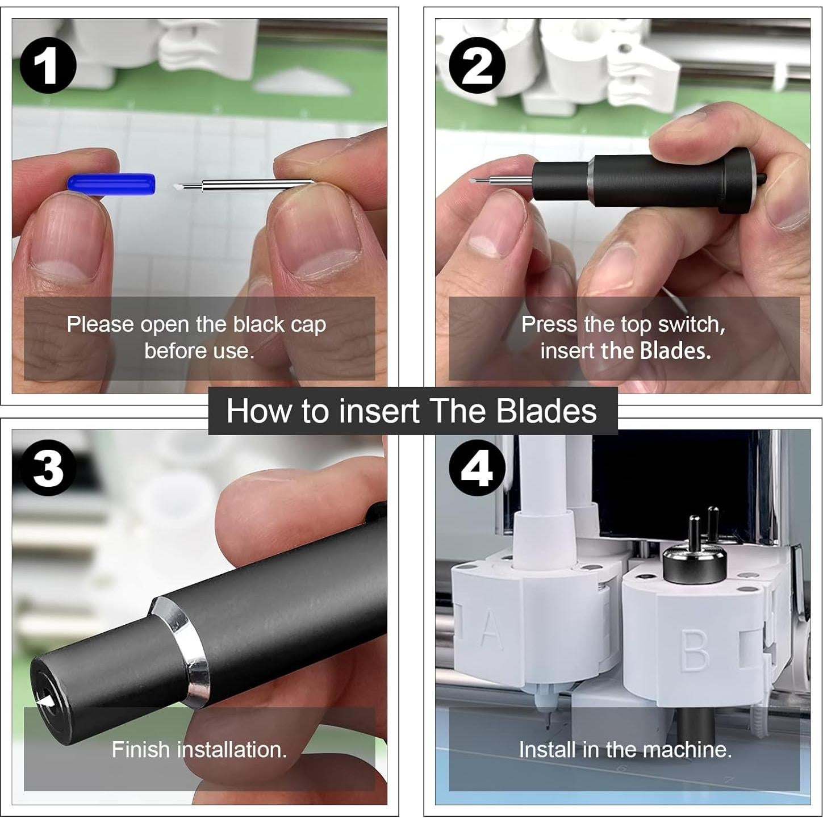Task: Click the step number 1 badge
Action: (x=48, y=66)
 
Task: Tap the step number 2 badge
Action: (x=477, y=66)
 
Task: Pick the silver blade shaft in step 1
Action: (x=256, y=183)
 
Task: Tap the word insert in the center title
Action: (x=378, y=411)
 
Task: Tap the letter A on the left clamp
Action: (x=491, y=629)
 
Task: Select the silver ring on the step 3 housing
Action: (x=181, y=653)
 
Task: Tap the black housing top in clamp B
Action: (x=694, y=559)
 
